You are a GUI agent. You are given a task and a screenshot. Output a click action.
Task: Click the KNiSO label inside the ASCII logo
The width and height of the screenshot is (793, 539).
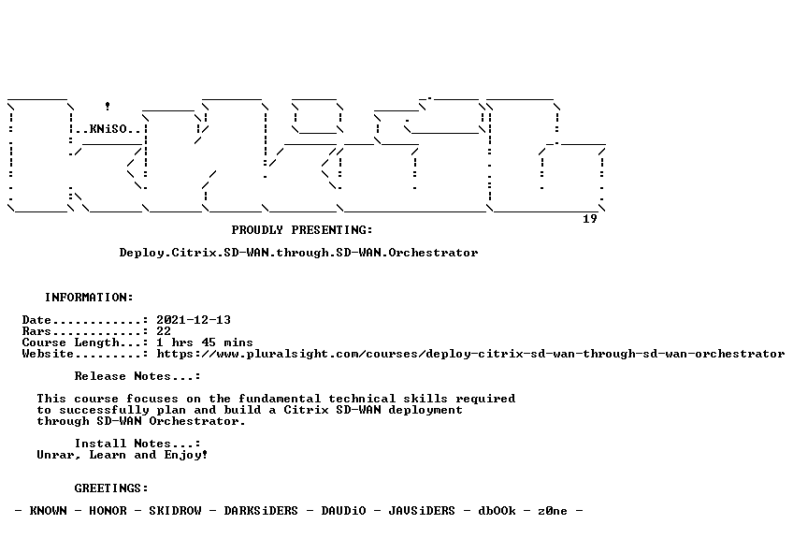(108, 129)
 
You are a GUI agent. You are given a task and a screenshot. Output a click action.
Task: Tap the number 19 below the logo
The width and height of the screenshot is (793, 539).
(590, 219)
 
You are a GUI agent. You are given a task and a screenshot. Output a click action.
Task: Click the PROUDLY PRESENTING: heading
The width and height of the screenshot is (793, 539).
(302, 230)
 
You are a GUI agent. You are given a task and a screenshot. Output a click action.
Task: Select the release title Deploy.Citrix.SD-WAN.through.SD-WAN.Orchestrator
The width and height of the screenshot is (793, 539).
(298, 253)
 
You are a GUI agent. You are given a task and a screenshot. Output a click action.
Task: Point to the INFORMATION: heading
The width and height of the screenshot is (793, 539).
(89, 297)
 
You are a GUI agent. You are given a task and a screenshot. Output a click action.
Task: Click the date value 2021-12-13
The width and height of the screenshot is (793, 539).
(194, 320)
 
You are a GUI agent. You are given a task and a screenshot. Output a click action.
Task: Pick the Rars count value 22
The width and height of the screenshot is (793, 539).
(164, 331)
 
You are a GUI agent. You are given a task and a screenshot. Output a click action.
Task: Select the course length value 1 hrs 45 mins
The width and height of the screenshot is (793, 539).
(204, 342)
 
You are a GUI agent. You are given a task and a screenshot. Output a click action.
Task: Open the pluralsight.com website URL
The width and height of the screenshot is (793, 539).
(470, 354)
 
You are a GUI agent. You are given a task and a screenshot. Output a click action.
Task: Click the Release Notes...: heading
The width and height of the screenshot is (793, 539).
(137, 376)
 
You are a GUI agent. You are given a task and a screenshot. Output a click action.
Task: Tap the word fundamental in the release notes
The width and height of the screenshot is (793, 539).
(280, 399)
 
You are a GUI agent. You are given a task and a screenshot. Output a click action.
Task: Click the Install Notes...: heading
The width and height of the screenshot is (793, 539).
(137, 444)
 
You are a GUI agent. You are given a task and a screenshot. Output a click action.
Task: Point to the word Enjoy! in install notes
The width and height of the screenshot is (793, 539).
(185, 455)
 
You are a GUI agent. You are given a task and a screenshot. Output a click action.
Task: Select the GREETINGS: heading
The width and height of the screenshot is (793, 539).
(111, 488)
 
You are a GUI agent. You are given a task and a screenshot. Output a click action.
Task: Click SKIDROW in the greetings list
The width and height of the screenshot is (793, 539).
(175, 511)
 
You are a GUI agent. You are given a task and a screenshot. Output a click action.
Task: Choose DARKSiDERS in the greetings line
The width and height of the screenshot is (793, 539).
(261, 511)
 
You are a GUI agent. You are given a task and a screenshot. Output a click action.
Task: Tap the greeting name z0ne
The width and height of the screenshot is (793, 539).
(553, 511)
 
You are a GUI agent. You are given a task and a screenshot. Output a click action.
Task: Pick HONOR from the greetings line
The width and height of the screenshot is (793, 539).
(108, 511)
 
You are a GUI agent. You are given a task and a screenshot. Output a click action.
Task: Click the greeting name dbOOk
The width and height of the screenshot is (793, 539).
(497, 511)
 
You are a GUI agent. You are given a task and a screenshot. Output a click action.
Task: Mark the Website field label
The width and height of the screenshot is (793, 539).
(48, 354)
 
